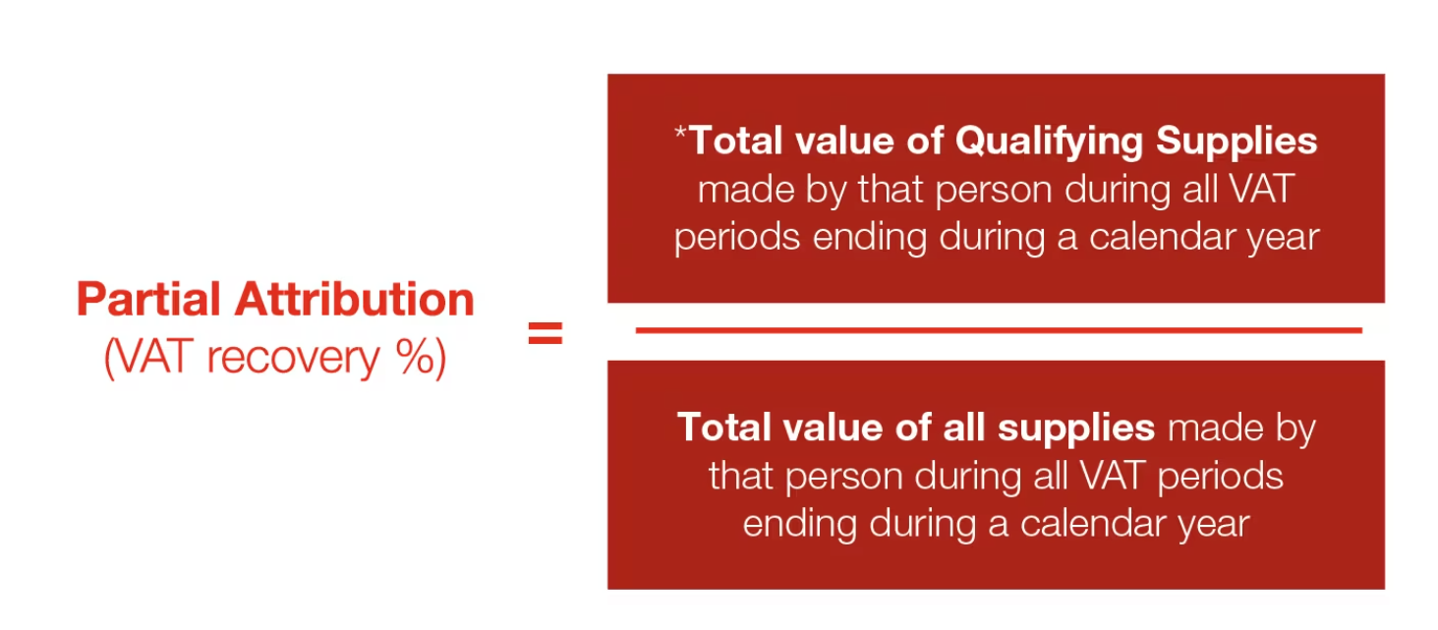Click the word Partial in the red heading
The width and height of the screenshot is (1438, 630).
[x=148, y=299]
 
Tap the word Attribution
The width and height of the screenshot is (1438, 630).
[x=355, y=299]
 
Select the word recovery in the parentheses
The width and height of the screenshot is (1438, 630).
[x=293, y=359]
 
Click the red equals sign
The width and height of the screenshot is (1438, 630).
[x=546, y=332]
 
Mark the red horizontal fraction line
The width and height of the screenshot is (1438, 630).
[x=999, y=330]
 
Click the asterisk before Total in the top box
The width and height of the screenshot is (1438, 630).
[x=680, y=133]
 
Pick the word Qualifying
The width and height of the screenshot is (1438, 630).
[x=1049, y=142]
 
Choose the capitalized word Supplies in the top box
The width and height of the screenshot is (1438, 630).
[x=1237, y=142]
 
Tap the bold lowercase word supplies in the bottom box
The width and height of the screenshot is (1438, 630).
[x=1076, y=429]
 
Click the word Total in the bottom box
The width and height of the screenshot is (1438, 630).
[x=723, y=428]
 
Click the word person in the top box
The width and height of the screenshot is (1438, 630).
[x=994, y=191]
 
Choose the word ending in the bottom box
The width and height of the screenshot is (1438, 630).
[x=800, y=525]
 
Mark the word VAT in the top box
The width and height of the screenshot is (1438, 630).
[x=1260, y=190]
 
